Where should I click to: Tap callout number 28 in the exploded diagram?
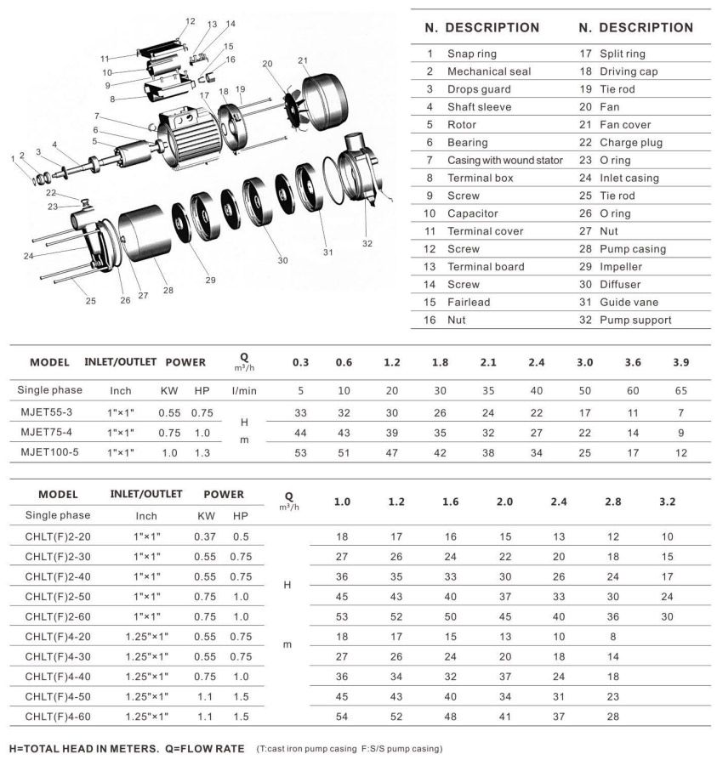[168, 291]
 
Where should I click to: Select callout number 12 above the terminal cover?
[190, 21]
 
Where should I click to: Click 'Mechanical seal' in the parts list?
[489, 71]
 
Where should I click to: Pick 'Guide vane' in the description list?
[629, 302]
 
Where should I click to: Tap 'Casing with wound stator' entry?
[504, 160]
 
